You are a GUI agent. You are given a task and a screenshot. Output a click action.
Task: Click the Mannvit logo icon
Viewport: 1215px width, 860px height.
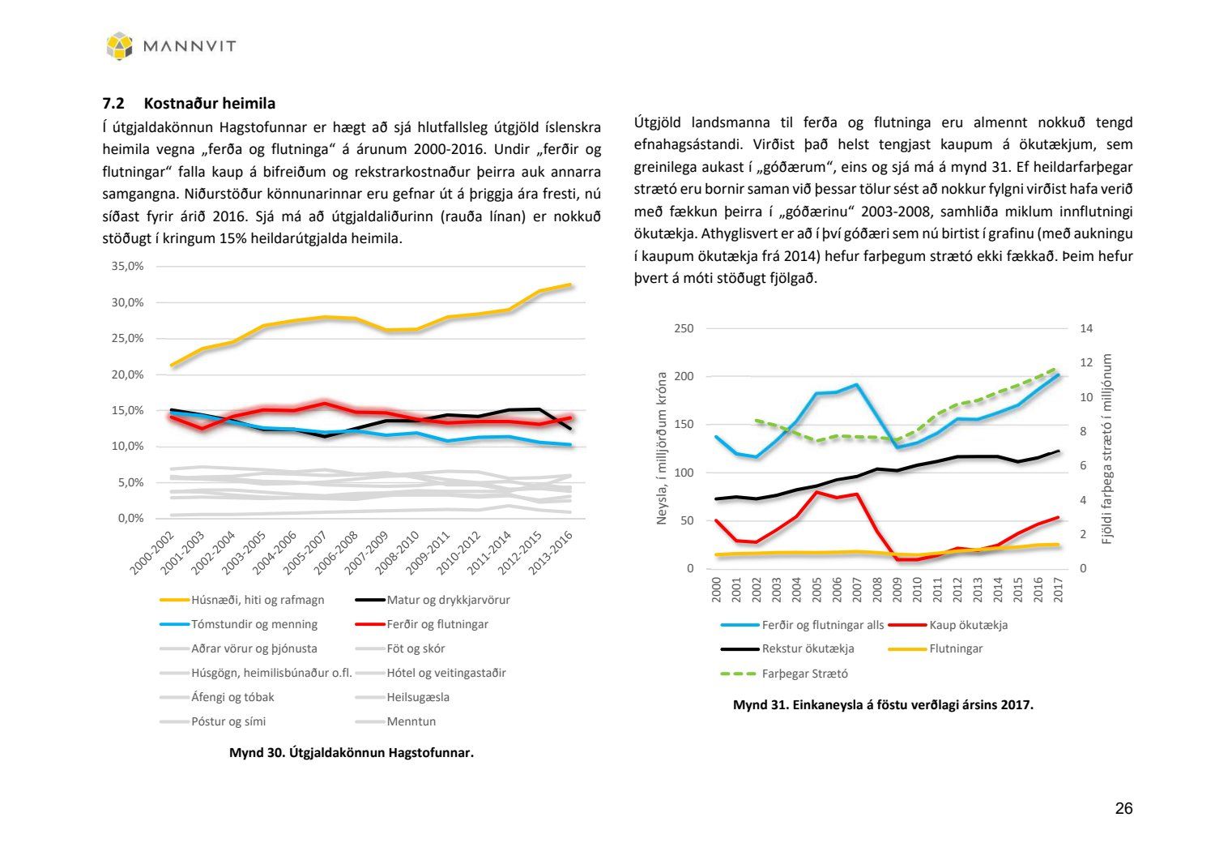119,46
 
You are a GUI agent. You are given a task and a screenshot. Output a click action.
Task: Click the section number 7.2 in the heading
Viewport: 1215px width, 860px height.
113,104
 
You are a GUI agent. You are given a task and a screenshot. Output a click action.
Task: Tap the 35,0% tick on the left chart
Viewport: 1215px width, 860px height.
127,267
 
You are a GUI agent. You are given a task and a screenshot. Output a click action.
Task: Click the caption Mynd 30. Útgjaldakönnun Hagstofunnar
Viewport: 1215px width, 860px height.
351,753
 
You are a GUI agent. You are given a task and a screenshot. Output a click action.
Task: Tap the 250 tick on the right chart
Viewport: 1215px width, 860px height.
684,329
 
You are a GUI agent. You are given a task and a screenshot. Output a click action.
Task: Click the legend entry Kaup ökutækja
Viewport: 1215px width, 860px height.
968,625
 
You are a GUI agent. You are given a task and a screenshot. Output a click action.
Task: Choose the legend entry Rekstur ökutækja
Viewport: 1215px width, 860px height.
808,649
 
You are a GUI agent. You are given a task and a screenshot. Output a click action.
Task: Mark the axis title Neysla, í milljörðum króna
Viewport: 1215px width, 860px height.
662,448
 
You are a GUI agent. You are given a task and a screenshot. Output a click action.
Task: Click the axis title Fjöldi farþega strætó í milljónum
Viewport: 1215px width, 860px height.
1107,448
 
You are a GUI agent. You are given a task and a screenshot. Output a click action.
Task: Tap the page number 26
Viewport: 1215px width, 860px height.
1123,809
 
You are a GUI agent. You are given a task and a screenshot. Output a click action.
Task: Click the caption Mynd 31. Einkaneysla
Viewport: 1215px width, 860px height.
883,705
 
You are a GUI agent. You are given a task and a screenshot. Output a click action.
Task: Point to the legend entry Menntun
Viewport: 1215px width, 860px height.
411,722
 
